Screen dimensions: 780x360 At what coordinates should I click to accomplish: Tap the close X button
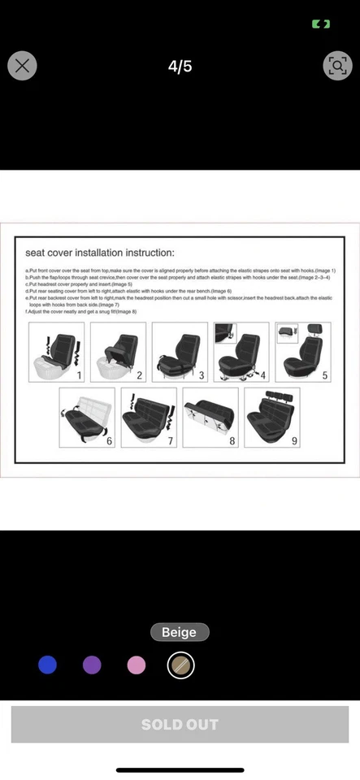coord(22,66)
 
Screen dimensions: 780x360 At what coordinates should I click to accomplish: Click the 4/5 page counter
coord(180,67)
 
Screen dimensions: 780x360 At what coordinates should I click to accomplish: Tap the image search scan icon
coord(337,66)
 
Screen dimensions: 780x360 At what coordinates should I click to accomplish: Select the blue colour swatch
coord(48,665)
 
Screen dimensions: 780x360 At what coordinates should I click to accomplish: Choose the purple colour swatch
coord(92,665)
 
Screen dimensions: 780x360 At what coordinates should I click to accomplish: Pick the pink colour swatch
coord(137,665)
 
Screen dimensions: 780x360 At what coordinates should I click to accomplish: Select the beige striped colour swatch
coord(180,665)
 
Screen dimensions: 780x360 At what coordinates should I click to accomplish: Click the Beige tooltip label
coord(180,632)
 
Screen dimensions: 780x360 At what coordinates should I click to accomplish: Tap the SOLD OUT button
coord(180,724)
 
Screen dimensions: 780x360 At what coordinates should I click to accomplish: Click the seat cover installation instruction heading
coord(100,253)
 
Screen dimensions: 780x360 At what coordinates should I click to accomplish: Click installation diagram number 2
coord(117,352)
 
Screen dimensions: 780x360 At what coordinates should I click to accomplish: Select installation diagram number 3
coord(180,352)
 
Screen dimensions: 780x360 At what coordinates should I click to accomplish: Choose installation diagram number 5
coord(302,352)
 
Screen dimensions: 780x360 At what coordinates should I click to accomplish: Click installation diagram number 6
coord(87,417)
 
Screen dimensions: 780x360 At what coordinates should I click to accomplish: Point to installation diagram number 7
coord(148,417)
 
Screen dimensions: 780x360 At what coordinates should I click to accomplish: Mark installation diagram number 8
coord(210,417)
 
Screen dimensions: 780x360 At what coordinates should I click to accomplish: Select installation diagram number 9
coord(271,417)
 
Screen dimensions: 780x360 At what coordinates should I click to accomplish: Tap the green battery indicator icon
coord(321,24)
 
